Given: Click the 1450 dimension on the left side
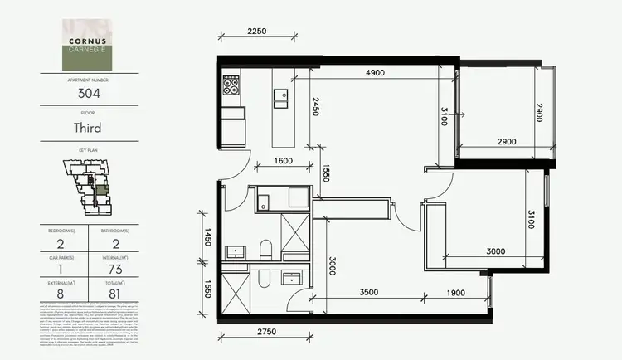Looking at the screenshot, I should tap(206, 238).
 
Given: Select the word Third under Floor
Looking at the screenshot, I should tap(89, 129).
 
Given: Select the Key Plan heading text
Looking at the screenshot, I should tap(89, 151).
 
